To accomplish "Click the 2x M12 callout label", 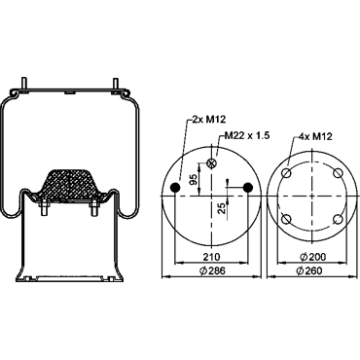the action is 208,120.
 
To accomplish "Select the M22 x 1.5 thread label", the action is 247,135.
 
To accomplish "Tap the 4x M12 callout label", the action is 315,136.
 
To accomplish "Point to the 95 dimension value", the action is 193,180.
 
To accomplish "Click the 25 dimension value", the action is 222,208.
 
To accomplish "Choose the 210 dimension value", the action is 211,257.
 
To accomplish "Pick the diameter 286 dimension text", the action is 212,270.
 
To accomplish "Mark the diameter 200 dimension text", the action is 313,257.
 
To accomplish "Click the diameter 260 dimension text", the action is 309,270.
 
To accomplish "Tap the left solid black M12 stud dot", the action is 175,187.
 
